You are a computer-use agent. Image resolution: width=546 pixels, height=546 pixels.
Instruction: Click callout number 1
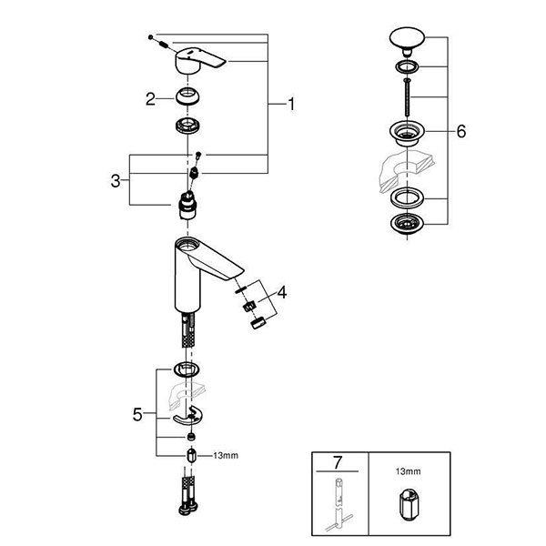pyautogui.click(x=290, y=106)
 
